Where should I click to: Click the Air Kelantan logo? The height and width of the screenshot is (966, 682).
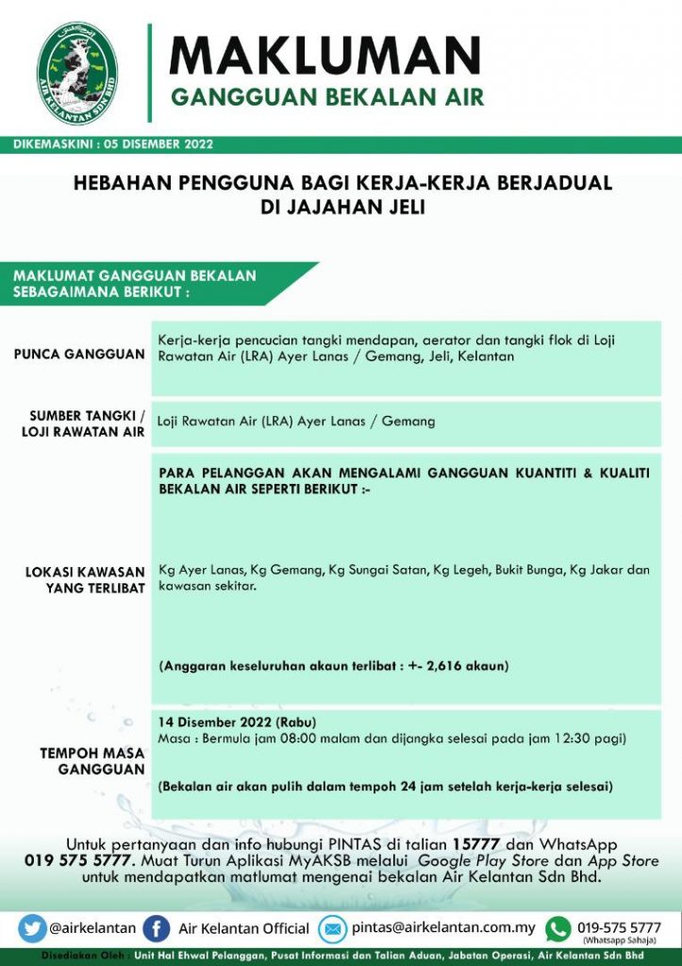77,73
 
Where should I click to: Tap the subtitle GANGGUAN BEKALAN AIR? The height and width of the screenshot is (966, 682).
326,98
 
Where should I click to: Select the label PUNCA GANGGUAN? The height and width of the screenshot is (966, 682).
79,355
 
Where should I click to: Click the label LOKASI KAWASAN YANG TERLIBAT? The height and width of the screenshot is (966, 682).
85,579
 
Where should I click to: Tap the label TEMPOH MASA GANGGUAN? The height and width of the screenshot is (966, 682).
91,761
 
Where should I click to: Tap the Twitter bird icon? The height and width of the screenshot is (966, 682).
31,928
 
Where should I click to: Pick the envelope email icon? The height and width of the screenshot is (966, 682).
332,928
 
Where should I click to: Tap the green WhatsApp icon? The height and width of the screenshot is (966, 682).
558,928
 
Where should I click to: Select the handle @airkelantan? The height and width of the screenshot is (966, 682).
92,928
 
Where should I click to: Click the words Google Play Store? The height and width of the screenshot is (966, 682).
469,861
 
